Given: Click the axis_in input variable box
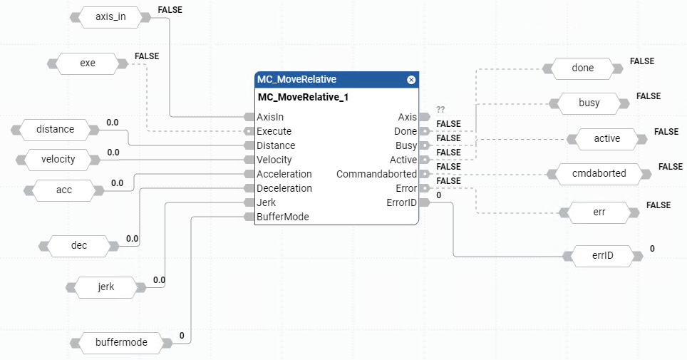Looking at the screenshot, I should coord(110,17).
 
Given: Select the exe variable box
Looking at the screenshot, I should coord(87,63).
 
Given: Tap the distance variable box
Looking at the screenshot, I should coord(55,129).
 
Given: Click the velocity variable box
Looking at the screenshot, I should coord(59,159).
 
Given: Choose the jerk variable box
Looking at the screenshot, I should coord(105,287).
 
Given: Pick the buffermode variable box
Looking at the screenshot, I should coord(121,342).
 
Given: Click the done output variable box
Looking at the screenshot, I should coord(582,68).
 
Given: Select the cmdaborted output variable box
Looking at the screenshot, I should coord(599,174).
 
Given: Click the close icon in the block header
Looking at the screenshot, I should coord(411,80).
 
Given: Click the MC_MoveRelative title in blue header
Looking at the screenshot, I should coord(297,80).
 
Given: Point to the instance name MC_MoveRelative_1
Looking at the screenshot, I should coord(303,97).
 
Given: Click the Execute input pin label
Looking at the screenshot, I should coord(274,131).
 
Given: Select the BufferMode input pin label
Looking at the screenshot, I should coord(283,217).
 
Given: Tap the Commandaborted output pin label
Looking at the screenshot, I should coord(376,174).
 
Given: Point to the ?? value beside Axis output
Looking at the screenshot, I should coord(440,109).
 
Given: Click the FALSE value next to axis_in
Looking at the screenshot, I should coord(169,10).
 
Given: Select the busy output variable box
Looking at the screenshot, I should coord(589,103).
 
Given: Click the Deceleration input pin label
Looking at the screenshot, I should coord(284,188).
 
